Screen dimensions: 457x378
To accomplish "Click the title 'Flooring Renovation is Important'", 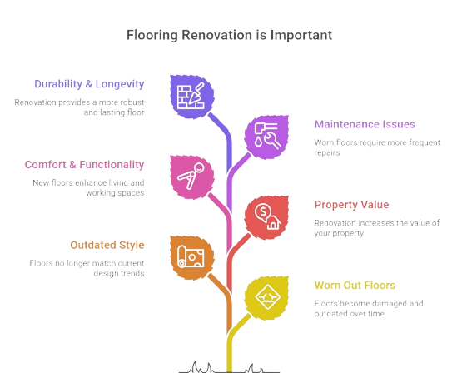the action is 229,35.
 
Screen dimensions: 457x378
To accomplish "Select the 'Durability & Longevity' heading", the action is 89,84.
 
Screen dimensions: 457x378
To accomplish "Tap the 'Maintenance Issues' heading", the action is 365,124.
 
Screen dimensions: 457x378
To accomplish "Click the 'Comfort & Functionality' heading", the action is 85,165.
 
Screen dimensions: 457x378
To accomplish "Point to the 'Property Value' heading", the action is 351,205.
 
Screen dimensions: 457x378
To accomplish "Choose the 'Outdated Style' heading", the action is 107,245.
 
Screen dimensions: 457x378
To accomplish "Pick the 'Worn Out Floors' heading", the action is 355,286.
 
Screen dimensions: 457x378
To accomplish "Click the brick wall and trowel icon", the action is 191,96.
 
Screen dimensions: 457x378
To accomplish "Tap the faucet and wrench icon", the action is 267,136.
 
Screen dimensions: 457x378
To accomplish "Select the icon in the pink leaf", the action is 191,176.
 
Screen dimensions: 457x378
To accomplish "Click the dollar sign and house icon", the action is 267,216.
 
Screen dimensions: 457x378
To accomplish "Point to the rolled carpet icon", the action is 191,256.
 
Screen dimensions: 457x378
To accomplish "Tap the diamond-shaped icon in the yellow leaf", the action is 267,297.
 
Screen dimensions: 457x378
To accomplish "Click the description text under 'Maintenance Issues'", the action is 377,147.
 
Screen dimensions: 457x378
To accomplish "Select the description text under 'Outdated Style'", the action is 87,268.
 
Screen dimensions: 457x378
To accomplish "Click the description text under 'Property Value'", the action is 377,228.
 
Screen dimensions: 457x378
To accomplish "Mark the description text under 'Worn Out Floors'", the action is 369,308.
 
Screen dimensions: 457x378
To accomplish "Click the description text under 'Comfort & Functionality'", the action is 88,187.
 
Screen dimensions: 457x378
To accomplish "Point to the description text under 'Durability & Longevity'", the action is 79,107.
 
